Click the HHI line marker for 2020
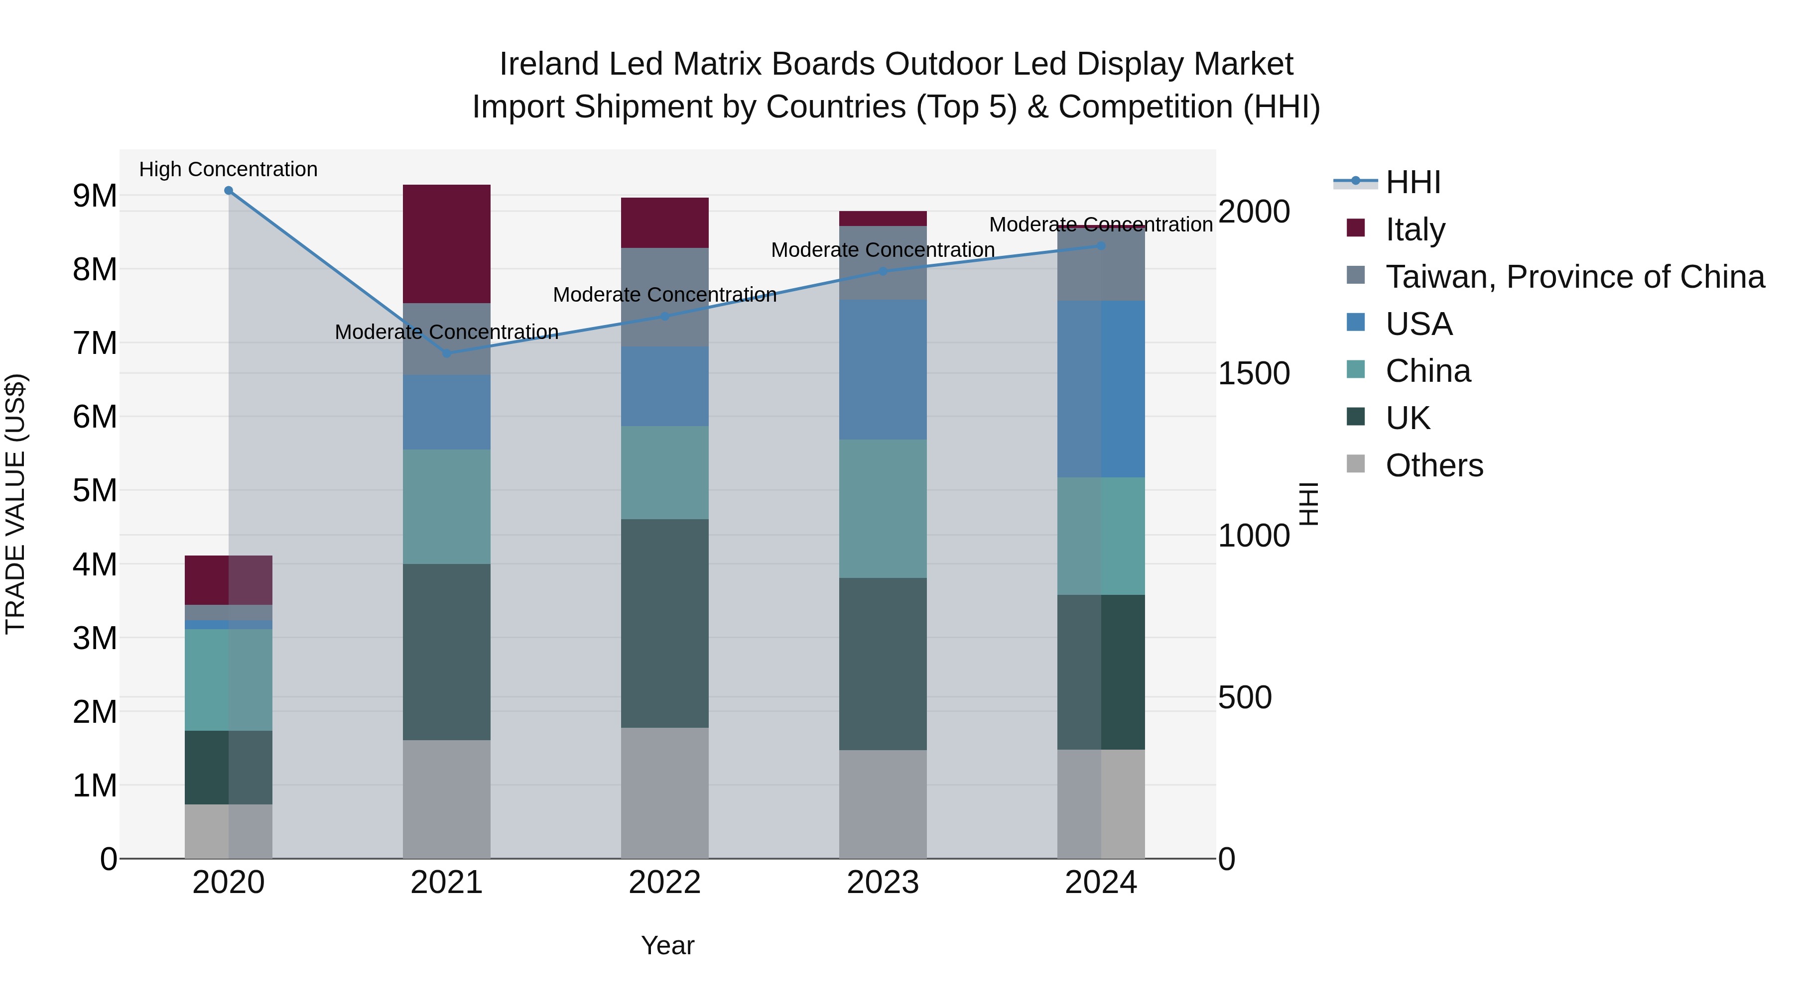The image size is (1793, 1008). (x=228, y=191)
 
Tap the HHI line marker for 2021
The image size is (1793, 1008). (x=447, y=353)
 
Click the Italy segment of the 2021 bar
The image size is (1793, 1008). (x=447, y=243)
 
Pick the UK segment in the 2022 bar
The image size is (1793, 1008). (x=665, y=623)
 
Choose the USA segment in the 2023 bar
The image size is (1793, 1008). (x=883, y=369)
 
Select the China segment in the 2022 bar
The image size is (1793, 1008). (x=665, y=472)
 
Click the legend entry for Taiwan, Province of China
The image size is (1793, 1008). (x=1574, y=277)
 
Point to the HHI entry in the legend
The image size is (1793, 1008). (x=1412, y=182)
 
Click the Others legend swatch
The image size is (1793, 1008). (x=1356, y=464)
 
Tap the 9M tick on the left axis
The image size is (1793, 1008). (x=95, y=196)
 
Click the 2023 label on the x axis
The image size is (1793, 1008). (x=883, y=883)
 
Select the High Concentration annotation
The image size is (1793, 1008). (x=228, y=169)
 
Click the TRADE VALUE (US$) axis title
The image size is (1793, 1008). (x=15, y=504)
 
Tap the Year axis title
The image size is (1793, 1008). (x=667, y=945)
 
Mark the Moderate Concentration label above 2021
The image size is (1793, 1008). (x=447, y=332)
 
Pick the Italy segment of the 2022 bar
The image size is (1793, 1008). (x=665, y=223)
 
